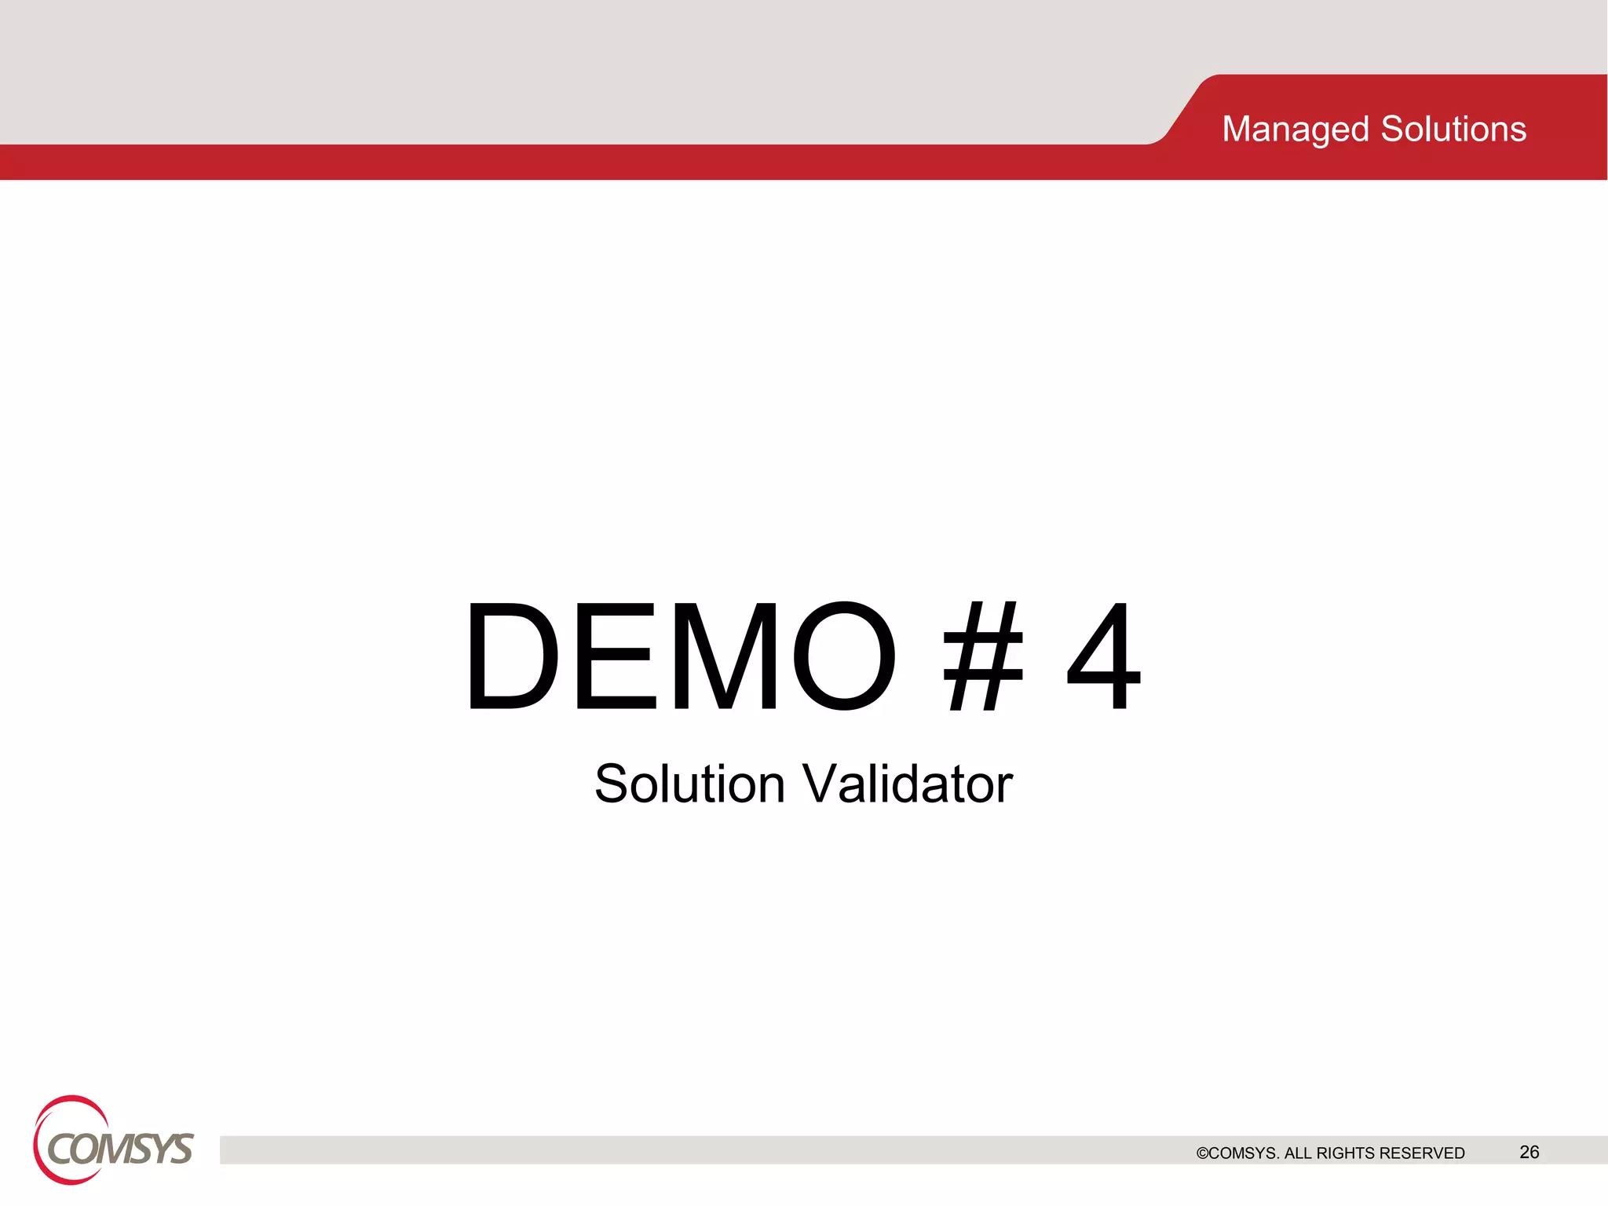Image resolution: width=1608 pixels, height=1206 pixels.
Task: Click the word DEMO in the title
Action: point(680,656)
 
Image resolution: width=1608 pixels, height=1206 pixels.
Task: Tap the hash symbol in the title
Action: point(983,656)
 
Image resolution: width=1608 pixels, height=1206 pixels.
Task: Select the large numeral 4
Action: point(1103,656)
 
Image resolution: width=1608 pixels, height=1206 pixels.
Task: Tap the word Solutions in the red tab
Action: point(1453,130)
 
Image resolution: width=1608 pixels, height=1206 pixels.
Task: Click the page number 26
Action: point(1529,1152)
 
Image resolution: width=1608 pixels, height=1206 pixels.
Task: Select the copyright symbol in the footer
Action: point(1202,1153)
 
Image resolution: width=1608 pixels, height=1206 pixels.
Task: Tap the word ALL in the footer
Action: point(1298,1153)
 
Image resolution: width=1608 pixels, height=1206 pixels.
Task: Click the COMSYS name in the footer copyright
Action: point(1244,1153)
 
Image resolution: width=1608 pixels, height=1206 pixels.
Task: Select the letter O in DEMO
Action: point(844,656)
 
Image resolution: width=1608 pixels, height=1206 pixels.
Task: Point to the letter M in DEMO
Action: point(726,656)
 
